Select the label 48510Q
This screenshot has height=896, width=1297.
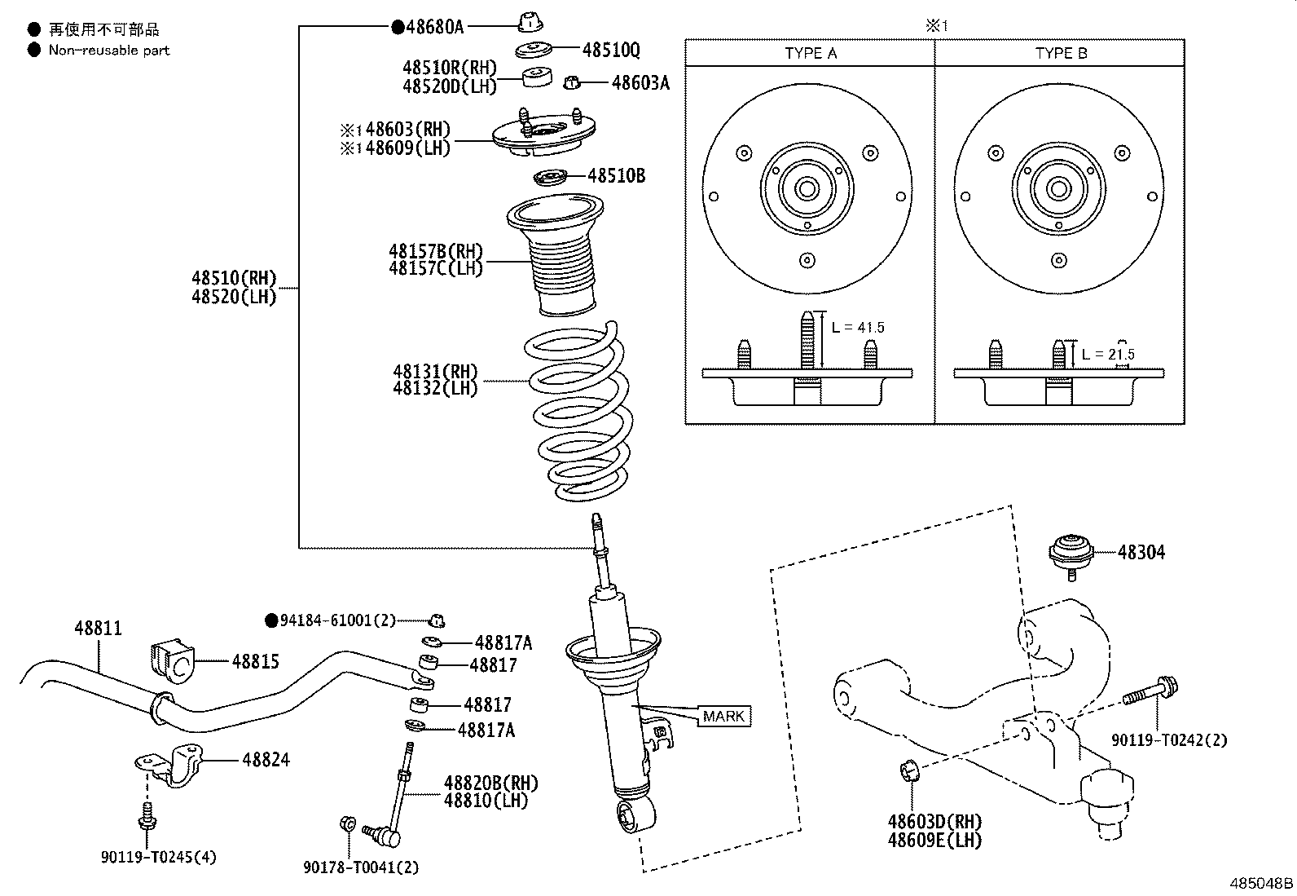point(610,51)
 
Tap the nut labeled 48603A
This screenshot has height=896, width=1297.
point(573,82)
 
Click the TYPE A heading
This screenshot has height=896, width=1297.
point(810,54)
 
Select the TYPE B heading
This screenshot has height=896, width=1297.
point(1061,54)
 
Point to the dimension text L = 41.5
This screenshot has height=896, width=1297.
point(858,328)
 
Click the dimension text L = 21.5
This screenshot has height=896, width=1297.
point(1108,355)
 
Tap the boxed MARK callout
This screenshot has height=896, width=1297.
point(723,717)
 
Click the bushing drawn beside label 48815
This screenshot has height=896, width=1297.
point(169,662)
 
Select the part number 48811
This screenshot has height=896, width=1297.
point(98,629)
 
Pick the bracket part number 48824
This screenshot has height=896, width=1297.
point(266,760)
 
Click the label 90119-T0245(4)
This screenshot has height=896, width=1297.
point(159,857)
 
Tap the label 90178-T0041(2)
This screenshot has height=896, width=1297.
point(361,868)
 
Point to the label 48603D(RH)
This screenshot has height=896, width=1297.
point(934,822)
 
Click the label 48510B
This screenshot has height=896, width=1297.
point(616,176)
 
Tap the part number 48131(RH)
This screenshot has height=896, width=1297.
point(435,372)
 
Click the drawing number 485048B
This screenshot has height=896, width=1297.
point(1260,884)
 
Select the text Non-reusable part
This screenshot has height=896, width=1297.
point(108,51)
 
